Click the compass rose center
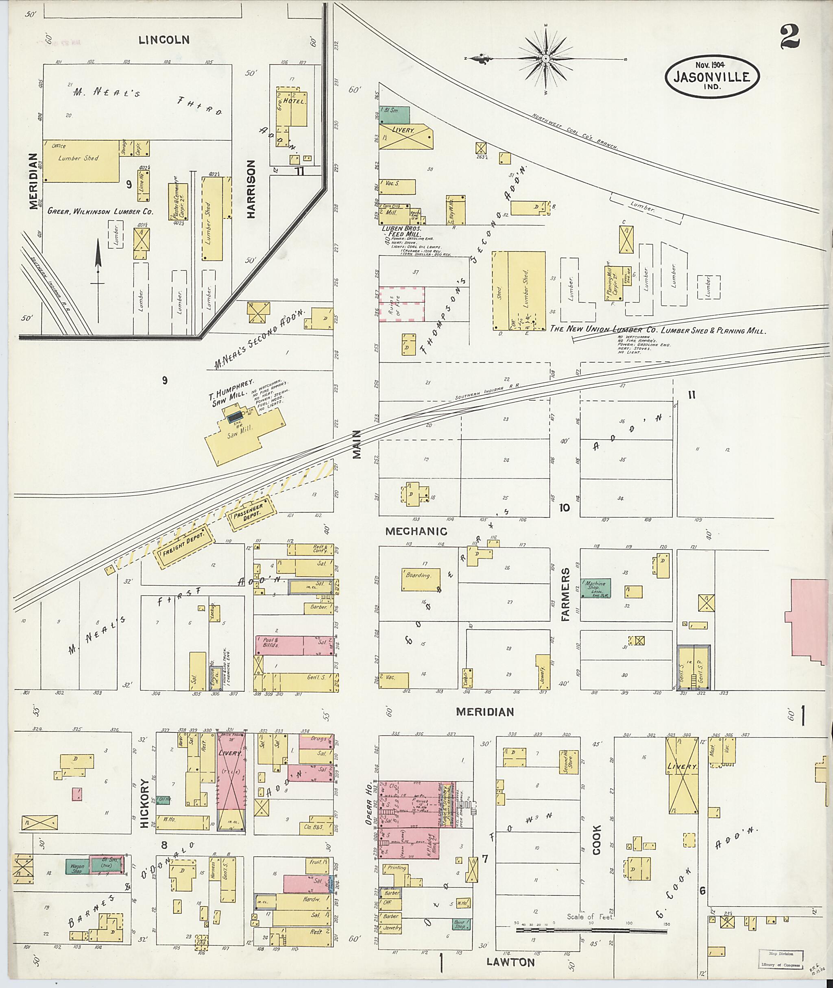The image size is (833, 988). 545,59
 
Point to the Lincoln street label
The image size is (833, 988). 164,40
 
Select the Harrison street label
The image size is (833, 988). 250,189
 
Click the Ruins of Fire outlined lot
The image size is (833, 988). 401,304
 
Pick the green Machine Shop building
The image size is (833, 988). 595,589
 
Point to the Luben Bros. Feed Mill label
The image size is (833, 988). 401,231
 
